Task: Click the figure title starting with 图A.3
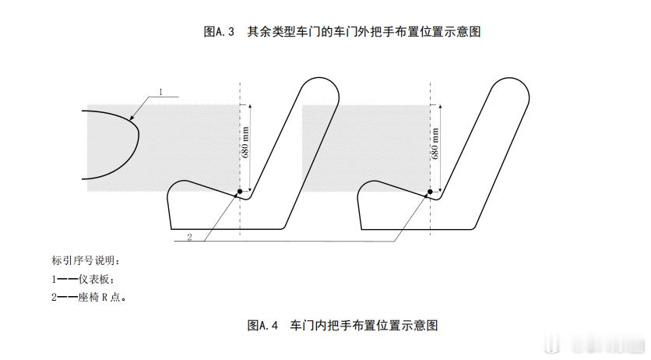pyautogui.click(x=340, y=32)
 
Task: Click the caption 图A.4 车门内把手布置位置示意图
pyautogui.click(x=347, y=324)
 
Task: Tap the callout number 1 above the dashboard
pyautogui.click(x=160, y=92)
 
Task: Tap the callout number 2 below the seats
pyautogui.click(x=189, y=237)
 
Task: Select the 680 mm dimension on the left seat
pyautogui.click(x=245, y=145)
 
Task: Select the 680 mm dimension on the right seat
pyautogui.click(x=435, y=145)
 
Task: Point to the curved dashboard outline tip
pyautogui.click(x=139, y=134)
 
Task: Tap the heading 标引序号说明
pyautogui.click(x=86, y=259)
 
